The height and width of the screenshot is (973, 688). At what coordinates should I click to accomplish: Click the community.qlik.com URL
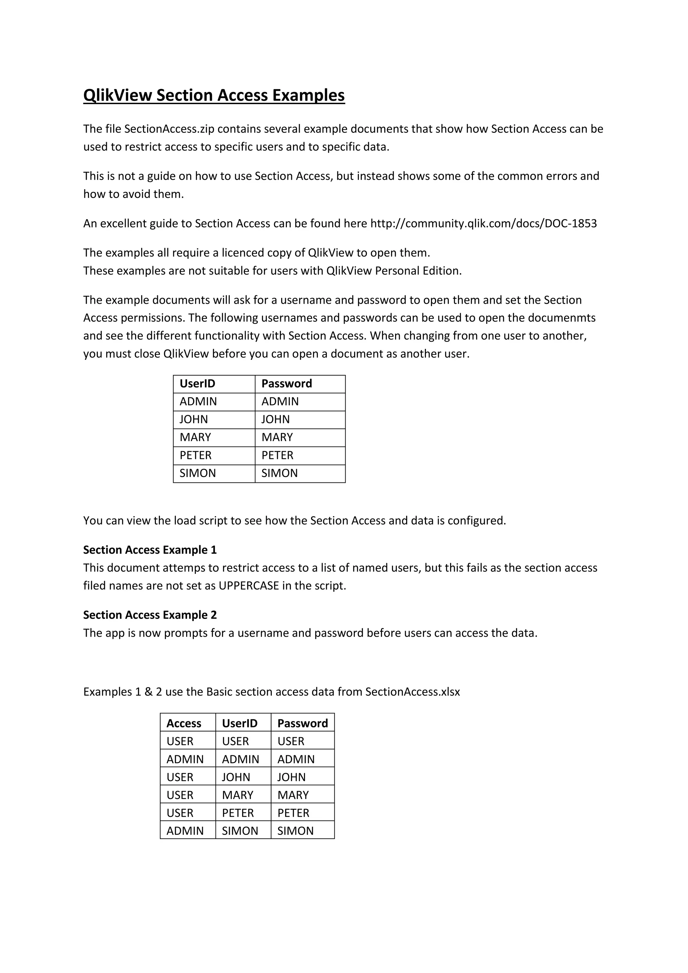483,223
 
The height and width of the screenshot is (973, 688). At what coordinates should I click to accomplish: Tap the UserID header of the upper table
198,383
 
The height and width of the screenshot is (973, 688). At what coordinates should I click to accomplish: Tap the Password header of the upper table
286,383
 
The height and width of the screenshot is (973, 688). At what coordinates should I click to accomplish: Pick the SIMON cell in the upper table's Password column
279,473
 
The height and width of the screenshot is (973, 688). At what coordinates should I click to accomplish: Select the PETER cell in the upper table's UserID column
195,455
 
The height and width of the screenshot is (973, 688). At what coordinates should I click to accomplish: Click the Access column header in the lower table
183,723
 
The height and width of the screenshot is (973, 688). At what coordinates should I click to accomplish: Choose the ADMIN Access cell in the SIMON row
185,831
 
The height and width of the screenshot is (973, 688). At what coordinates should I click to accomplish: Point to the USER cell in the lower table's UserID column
235,741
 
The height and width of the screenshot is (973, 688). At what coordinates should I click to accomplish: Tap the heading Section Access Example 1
149,550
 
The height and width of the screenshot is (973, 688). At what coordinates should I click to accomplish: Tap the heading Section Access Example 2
149,615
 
